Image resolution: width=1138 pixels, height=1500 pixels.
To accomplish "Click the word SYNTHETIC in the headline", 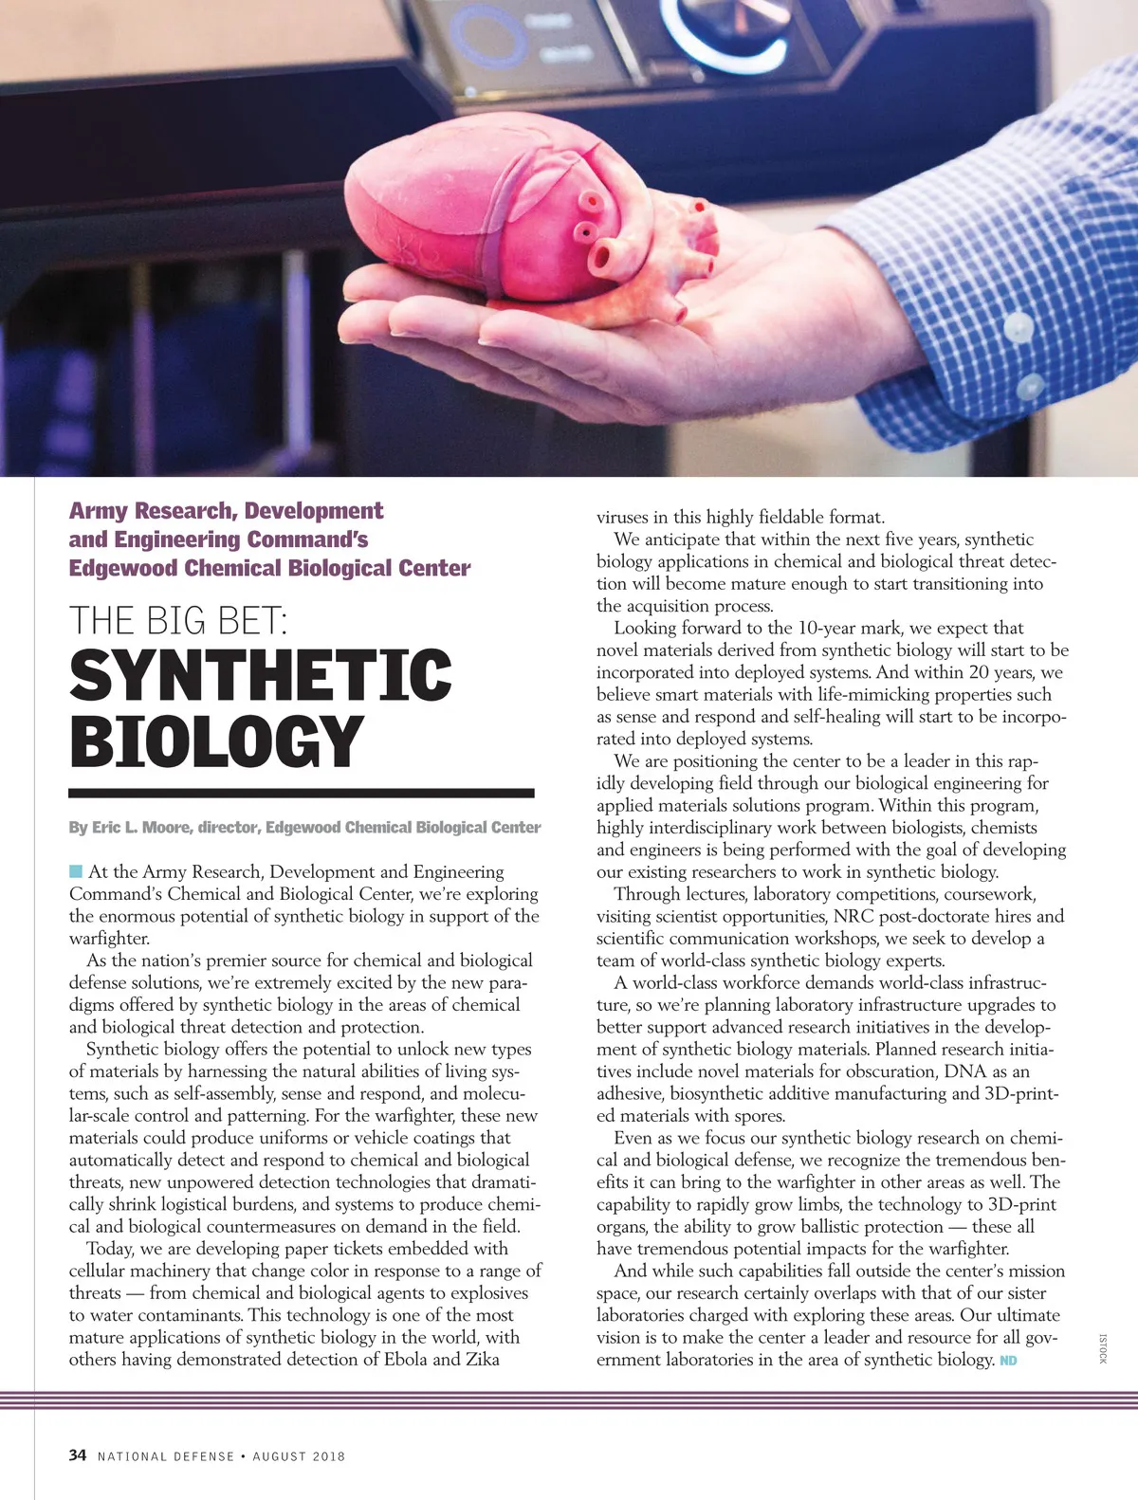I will (260, 674).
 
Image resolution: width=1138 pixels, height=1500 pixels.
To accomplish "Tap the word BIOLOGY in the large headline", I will (216, 741).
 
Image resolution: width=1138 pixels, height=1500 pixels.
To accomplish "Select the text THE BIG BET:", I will (177, 620).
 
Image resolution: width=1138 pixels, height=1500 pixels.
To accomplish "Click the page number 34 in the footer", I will (78, 1454).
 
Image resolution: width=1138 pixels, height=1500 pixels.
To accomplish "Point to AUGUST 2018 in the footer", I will (299, 1455).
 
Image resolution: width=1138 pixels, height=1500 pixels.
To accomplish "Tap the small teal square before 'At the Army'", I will (76, 871).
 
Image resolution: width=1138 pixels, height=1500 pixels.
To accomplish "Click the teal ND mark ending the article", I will (1008, 1361).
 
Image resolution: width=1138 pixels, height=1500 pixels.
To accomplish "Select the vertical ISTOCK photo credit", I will (1103, 1348).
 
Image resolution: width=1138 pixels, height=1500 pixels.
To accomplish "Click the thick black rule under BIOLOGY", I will (302, 793).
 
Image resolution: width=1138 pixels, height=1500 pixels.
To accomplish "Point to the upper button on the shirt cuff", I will (1018, 327).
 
